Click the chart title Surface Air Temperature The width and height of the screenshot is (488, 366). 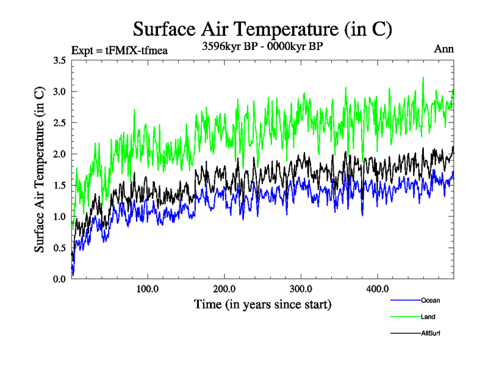click(x=262, y=29)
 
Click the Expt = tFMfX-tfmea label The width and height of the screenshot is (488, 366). click(x=120, y=50)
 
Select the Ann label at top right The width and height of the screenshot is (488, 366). click(x=443, y=49)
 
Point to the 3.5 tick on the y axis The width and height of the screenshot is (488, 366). click(x=60, y=60)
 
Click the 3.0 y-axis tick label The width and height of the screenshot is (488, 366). click(x=60, y=91)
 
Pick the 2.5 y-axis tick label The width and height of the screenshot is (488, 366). click(x=60, y=123)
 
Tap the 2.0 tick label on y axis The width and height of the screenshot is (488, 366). click(x=60, y=154)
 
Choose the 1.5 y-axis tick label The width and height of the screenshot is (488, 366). click(x=60, y=185)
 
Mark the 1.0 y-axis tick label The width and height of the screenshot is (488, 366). click(x=60, y=217)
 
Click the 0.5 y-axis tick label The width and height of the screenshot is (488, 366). click(x=60, y=248)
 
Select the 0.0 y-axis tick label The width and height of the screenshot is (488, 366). click(x=60, y=279)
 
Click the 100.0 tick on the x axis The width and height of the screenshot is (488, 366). click(x=148, y=289)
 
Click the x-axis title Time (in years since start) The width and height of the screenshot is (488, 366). click(x=262, y=304)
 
